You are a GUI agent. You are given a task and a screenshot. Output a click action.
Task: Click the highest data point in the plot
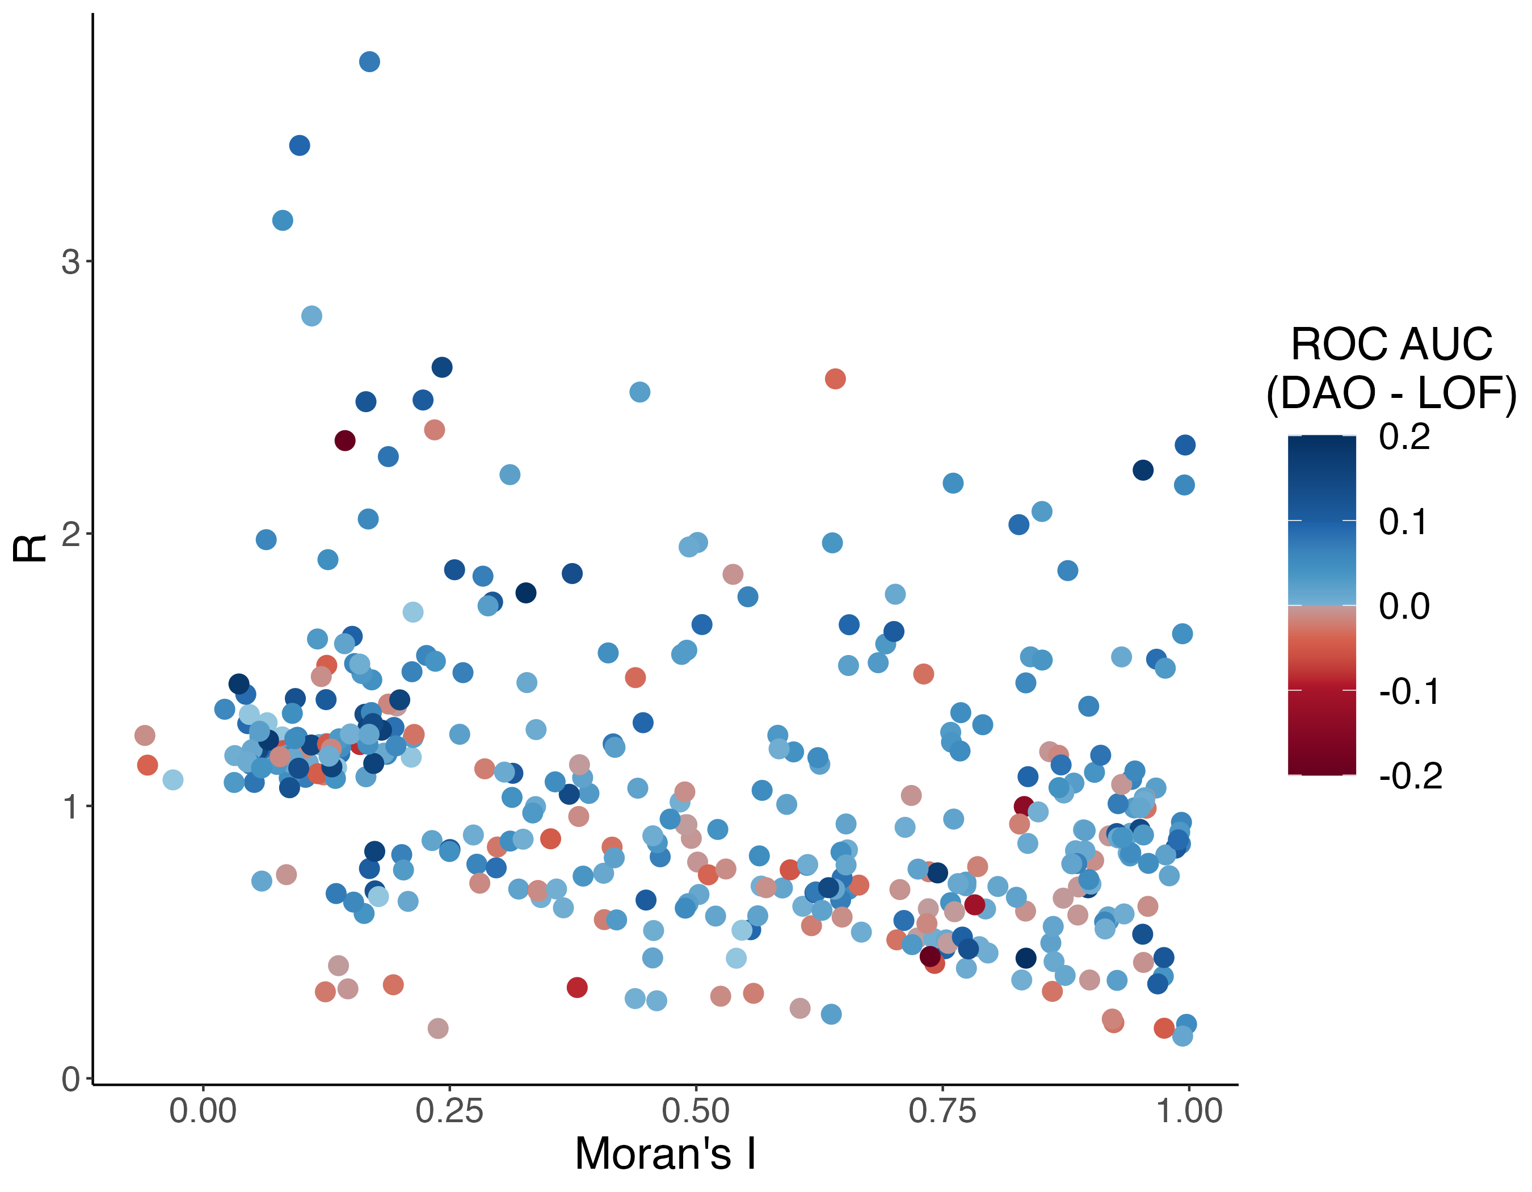[x=370, y=62]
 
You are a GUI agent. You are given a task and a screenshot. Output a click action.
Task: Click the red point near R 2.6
[x=835, y=379]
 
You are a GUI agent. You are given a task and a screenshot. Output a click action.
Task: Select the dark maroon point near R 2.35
[x=344, y=440]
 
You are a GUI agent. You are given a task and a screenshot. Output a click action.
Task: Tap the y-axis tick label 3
[x=70, y=262]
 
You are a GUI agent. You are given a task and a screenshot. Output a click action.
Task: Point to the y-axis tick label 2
[x=70, y=534]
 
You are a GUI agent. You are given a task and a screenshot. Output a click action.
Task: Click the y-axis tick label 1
[x=70, y=807]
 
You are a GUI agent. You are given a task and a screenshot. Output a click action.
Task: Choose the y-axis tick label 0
[x=70, y=1079]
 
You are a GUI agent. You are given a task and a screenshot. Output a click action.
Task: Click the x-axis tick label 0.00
[x=203, y=1111]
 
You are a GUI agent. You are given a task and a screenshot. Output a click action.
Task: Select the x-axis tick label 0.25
[x=449, y=1111]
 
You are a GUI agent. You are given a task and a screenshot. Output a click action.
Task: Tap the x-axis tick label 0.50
[x=696, y=1111]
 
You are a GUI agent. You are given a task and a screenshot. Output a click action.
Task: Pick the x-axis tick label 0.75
[x=942, y=1111]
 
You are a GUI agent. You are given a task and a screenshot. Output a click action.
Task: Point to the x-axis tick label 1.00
[x=1189, y=1111]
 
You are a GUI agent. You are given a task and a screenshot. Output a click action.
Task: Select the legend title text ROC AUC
[x=1391, y=345]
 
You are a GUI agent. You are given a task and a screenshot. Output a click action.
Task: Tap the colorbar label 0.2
[x=1404, y=436]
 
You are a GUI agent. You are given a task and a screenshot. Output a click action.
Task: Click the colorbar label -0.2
[x=1410, y=776]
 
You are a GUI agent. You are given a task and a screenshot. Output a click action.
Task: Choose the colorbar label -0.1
[x=1409, y=692]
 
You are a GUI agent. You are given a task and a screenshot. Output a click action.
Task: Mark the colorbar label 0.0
[x=1404, y=606]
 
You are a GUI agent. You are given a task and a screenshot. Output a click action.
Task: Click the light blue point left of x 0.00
[x=172, y=779]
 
